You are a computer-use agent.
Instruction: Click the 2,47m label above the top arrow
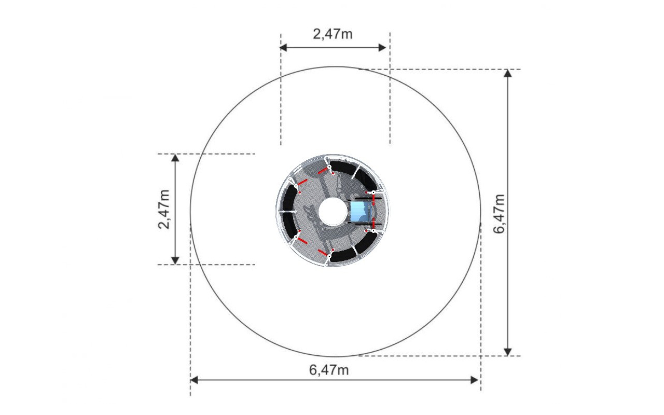333,34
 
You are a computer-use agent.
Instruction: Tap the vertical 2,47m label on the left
164,209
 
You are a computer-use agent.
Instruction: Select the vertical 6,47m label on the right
499,214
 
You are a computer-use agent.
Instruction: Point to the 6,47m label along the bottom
329,370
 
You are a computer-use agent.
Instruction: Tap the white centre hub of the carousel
333,211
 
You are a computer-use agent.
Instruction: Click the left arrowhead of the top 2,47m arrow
283,47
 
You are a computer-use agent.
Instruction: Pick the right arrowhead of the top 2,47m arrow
382,47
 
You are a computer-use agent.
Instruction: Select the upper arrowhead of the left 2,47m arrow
175,158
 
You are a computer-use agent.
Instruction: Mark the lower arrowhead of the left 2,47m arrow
175,260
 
